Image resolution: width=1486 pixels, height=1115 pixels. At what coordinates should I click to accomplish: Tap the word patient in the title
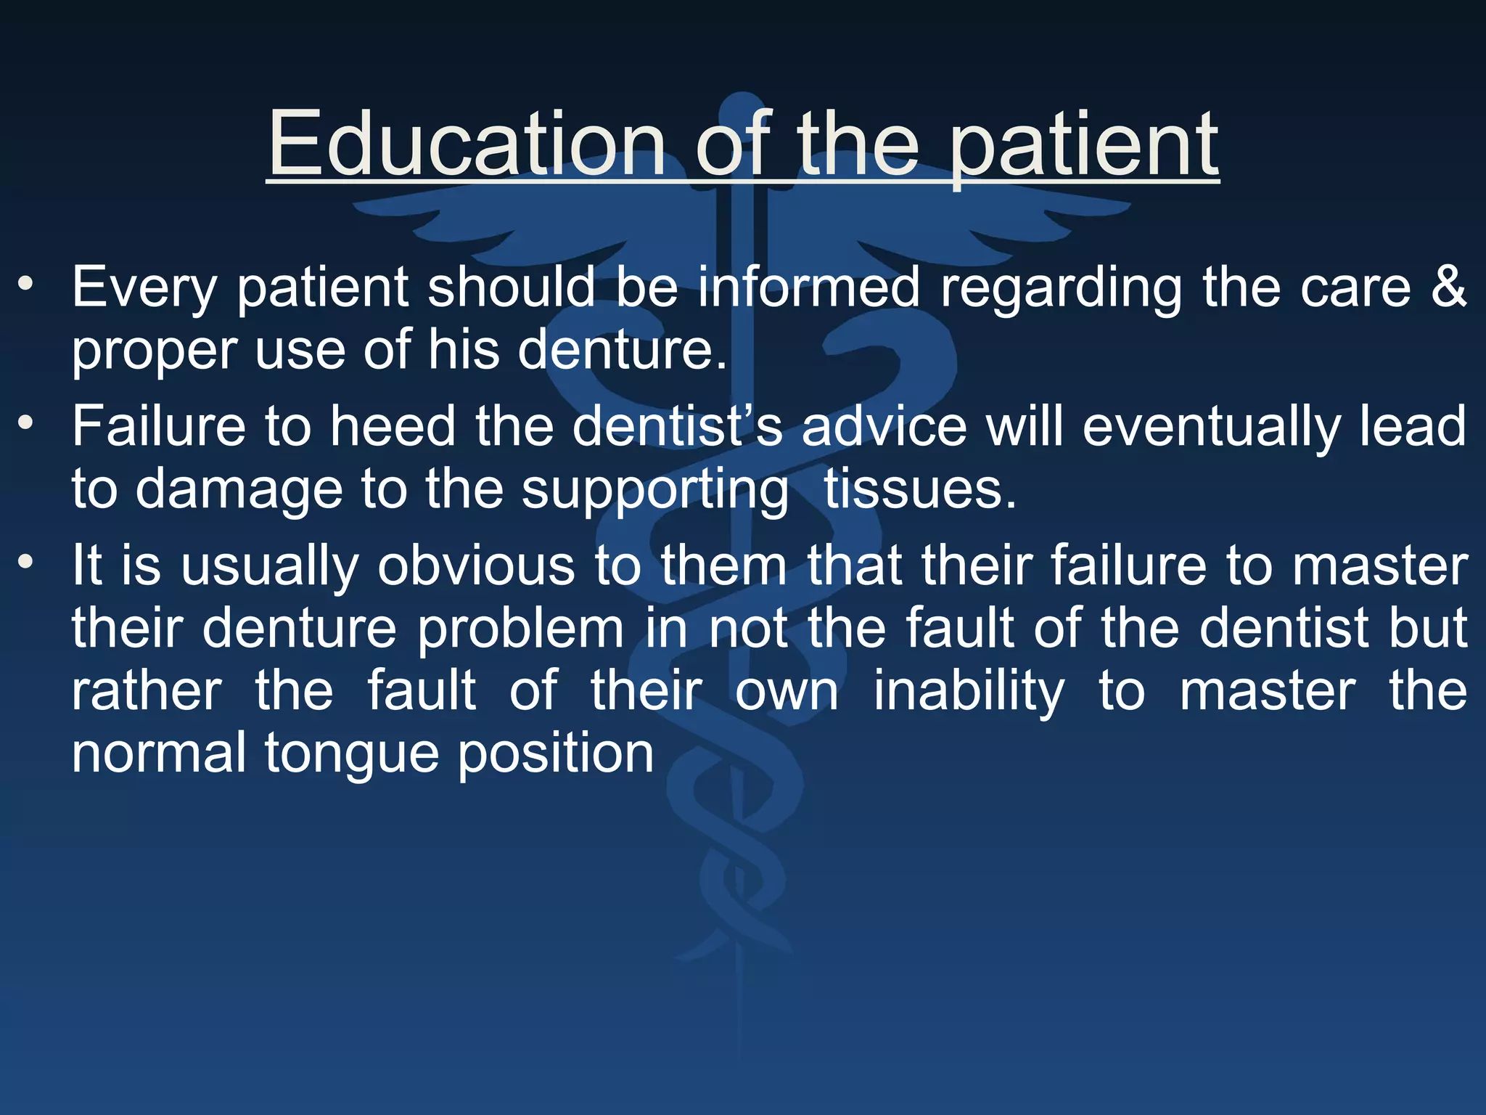(1084, 145)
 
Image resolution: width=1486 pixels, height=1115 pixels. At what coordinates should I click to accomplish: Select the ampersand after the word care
(1448, 287)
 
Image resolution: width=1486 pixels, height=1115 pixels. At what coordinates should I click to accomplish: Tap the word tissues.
(919, 489)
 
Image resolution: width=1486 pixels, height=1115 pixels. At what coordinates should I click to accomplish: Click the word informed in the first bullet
(809, 287)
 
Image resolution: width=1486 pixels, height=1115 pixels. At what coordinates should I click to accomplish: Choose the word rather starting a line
(147, 690)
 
